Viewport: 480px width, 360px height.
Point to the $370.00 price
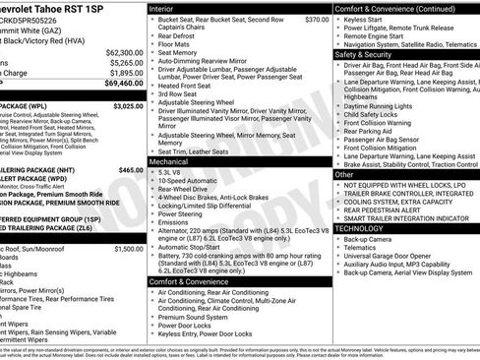tap(316, 20)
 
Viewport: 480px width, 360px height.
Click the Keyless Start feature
tap(364, 20)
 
